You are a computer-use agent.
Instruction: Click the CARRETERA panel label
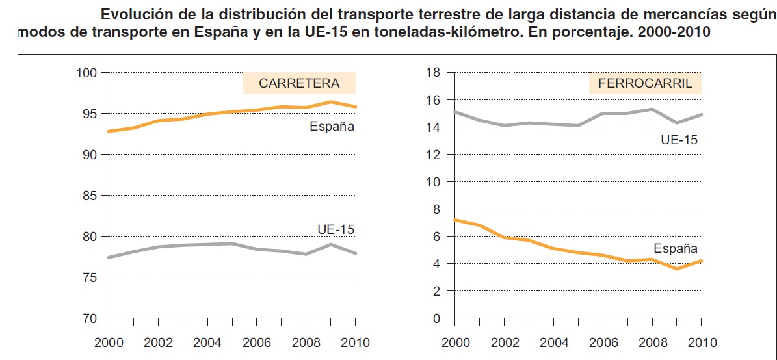[x=299, y=83]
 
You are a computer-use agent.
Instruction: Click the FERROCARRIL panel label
[x=640, y=83]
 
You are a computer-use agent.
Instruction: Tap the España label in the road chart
[x=332, y=127]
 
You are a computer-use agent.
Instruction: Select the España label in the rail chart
[x=676, y=249]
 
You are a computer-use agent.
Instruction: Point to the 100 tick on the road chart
[x=87, y=73]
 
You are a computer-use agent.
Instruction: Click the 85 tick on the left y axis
[x=90, y=196]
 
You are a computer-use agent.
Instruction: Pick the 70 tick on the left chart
[x=90, y=318]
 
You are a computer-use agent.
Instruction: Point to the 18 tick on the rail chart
[x=432, y=73]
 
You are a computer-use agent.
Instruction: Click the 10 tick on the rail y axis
[x=432, y=182]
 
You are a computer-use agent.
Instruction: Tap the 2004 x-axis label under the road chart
[x=207, y=342]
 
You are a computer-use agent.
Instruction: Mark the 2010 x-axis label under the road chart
[x=355, y=342]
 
